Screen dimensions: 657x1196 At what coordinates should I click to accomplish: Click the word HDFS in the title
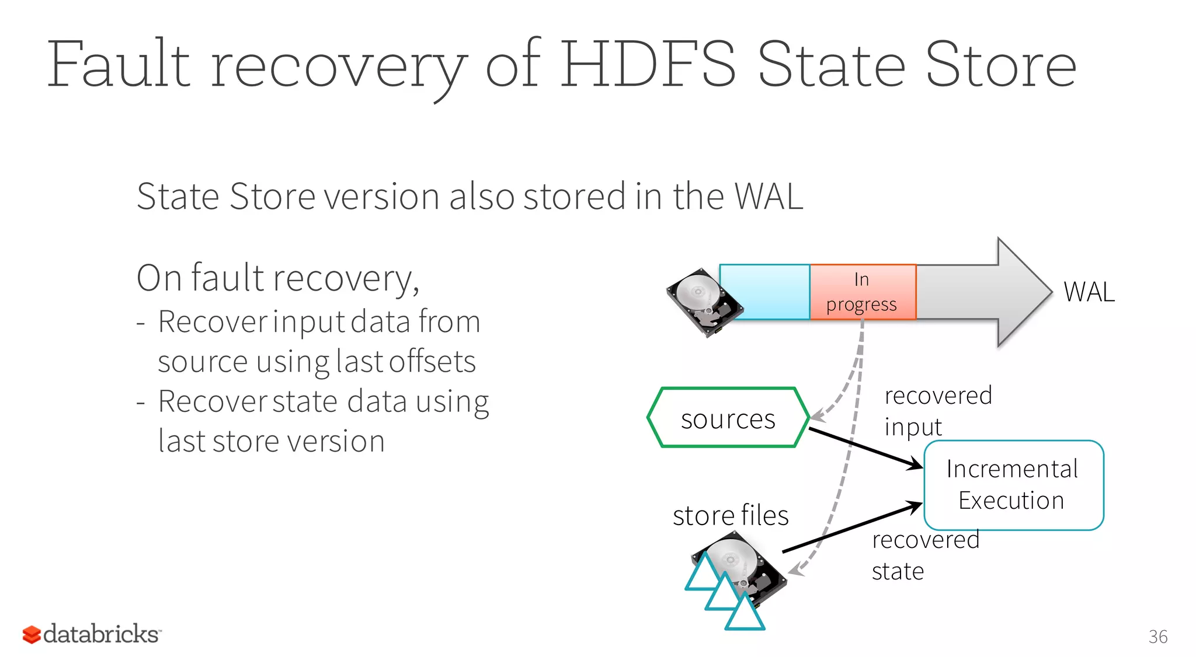(x=648, y=64)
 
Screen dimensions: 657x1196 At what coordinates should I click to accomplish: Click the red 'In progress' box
(x=863, y=292)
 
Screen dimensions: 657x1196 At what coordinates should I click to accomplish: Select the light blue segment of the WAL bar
(x=764, y=292)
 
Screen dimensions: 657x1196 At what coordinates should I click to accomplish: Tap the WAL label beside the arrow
(x=1089, y=292)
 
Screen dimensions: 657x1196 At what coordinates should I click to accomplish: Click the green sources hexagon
(x=728, y=418)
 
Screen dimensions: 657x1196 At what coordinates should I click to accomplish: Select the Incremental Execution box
(x=1013, y=485)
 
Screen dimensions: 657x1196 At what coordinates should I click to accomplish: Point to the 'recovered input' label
(x=938, y=411)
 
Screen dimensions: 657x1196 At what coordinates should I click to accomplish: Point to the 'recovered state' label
(x=925, y=555)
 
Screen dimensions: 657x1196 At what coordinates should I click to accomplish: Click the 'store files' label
(x=731, y=515)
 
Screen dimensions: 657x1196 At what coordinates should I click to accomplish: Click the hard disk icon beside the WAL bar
(x=701, y=301)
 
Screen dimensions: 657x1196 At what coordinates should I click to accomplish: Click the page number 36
(x=1157, y=637)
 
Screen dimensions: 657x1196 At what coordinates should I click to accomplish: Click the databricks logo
(x=92, y=634)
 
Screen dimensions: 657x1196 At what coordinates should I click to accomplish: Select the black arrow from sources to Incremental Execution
(x=864, y=448)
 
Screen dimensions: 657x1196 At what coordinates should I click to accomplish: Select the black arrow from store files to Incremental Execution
(x=853, y=527)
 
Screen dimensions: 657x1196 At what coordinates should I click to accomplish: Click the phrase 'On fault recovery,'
(x=278, y=278)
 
